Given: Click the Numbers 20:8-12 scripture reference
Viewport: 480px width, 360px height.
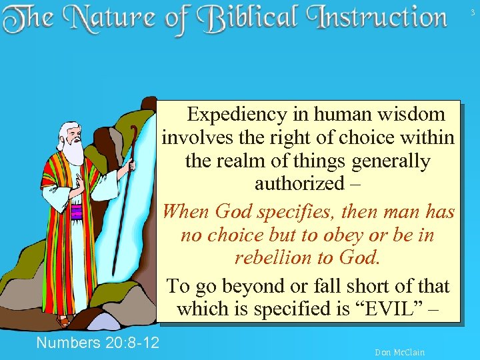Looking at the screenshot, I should point(97,343).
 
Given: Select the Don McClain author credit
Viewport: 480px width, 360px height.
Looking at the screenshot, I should point(399,352).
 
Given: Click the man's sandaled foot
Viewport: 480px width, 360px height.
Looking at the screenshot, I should point(63,321).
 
